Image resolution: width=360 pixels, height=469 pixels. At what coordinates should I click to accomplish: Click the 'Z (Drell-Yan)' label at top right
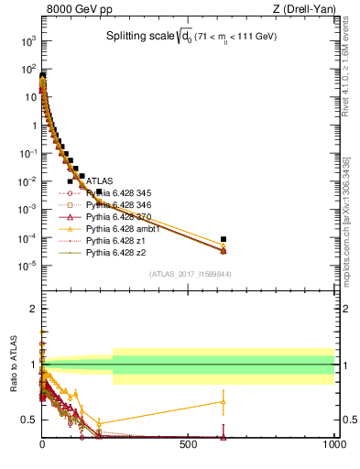click(305, 10)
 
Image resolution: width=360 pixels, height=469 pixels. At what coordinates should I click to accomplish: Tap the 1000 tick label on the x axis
click(333, 444)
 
